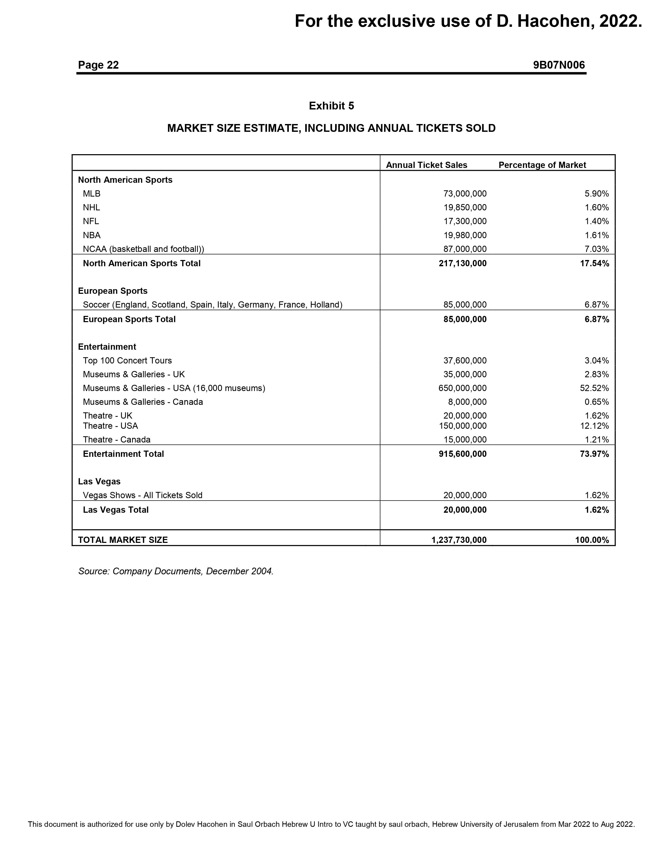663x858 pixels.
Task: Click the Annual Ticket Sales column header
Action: pyautogui.click(x=427, y=165)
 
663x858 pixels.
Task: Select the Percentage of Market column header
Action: pyautogui.click(x=542, y=165)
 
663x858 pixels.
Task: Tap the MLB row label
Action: pyautogui.click(x=92, y=194)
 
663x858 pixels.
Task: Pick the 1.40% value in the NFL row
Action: pyautogui.click(x=597, y=221)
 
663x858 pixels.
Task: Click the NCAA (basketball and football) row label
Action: pyautogui.click(x=143, y=249)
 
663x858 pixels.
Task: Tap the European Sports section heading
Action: pyautogui.click(x=113, y=291)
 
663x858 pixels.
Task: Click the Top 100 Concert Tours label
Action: pyautogui.click(x=127, y=361)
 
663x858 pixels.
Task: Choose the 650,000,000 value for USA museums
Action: pyautogui.click(x=462, y=388)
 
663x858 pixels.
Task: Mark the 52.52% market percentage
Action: pyautogui.click(x=594, y=388)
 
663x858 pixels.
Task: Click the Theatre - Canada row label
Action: pyautogui.click(x=117, y=440)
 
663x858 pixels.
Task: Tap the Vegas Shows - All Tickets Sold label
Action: pyautogui.click(x=142, y=495)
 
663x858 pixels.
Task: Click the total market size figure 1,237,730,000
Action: pyautogui.click(x=459, y=540)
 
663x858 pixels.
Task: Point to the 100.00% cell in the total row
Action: pyautogui.click(x=592, y=540)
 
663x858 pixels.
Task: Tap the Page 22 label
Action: pyautogui.click(x=98, y=65)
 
